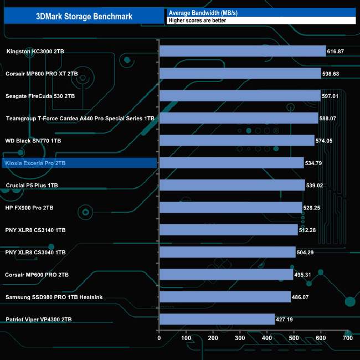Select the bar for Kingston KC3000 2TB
pyautogui.click(x=242, y=51)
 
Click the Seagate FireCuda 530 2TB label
pyautogui.click(x=40, y=96)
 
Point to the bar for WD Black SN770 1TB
pyautogui.click(x=236, y=141)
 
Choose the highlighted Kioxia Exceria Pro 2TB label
pyautogui.click(x=35, y=163)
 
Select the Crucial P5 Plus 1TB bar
pyautogui.click(x=232, y=185)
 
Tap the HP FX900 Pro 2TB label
pyautogui.click(x=29, y=208)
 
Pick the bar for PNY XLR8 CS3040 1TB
pyautogui.click(x=227, y=252)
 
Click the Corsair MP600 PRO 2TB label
pyautogui.click(x=37, y=275)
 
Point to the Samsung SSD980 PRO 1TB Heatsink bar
pyautogui.click(x=225, y=297)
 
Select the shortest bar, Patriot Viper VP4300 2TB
pyautogui.click(x=217, y=319)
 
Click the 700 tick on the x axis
pyautogui.click(x=347, y=337)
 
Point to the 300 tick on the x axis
pyautogui.click(x=240, y=337)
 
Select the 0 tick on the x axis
pyautogui.click(x=159, y=337)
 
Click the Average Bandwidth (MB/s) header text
pyautogui.click(x=200, y=12)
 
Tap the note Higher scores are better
pyautogui.click(x=200, y=21)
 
